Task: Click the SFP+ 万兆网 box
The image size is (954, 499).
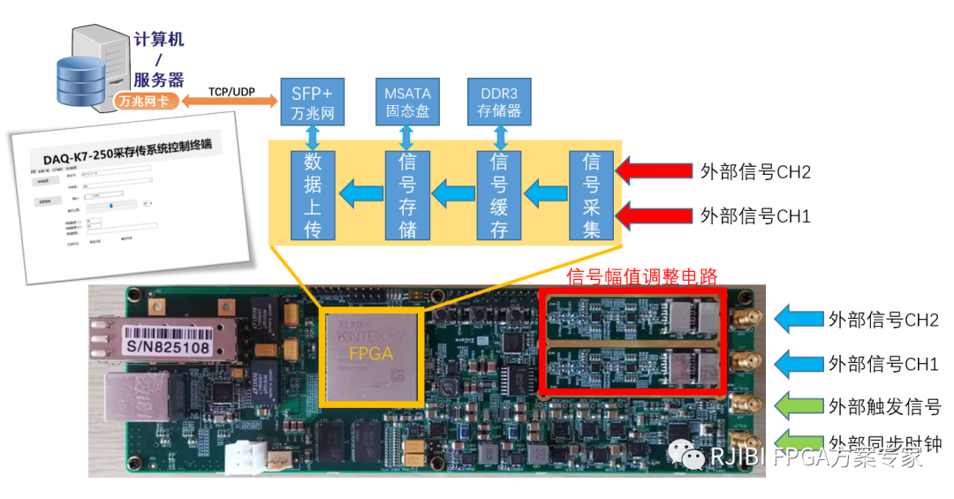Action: (311, 102)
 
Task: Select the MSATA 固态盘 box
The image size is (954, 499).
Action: (407, 102)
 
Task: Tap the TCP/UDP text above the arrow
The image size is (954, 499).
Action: (231, 90)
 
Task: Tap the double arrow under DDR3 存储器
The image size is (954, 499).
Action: (500, 138)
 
